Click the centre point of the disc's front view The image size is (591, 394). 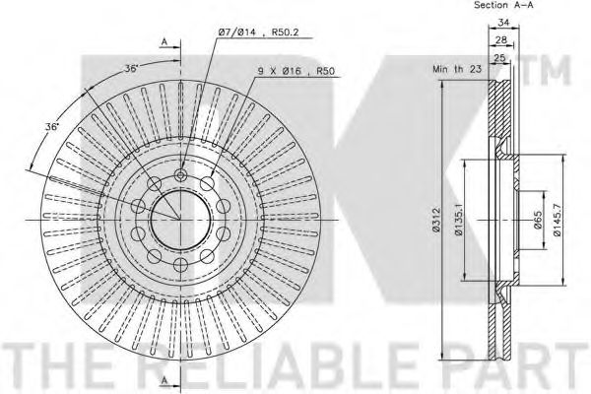click(x=180, y=218)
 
